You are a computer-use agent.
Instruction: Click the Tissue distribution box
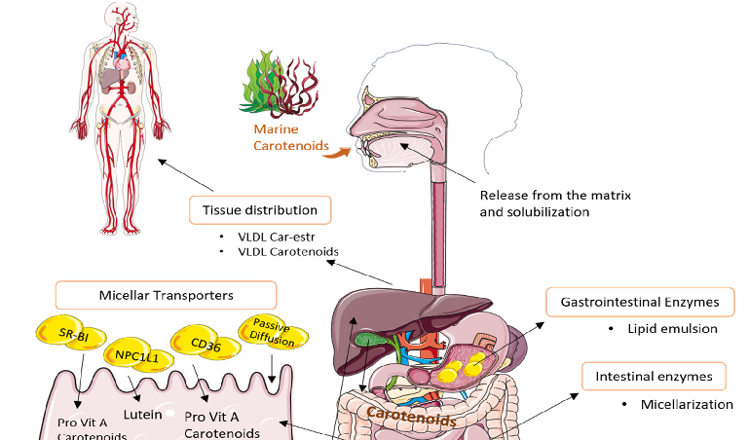259,209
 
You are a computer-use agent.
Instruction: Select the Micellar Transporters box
165,295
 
